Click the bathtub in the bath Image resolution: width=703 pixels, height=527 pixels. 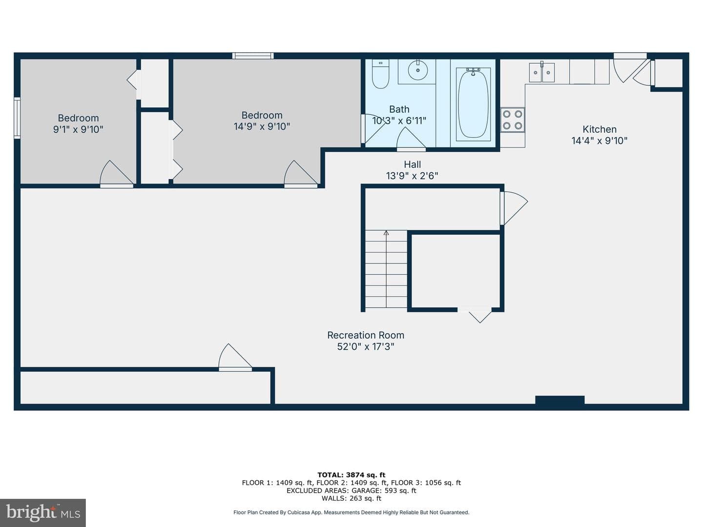(473, 104)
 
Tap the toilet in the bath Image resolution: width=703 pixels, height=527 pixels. (380, 74)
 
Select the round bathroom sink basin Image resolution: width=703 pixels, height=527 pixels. (417, 70)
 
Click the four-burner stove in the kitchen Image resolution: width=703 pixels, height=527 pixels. (513, 120)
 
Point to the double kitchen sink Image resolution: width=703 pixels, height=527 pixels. (541, 72)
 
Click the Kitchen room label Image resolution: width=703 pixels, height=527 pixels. (599, 129)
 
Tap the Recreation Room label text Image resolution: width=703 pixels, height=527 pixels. (366, 335)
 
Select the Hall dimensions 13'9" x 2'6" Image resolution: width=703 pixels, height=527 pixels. (412, 176)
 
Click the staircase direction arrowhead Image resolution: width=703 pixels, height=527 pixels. (386, 233)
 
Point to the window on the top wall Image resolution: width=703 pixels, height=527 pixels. (253, 56)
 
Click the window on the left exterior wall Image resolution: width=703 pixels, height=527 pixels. (17, 118)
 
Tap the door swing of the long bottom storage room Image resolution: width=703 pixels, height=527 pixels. (235, 357)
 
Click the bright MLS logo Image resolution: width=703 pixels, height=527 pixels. (42, 512)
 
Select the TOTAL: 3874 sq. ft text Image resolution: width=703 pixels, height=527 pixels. (351, 475)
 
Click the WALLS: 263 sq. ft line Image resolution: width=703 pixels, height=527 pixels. (351, 498)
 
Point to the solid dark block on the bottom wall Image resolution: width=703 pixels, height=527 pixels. (560, 401)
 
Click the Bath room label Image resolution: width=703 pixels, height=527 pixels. (399, 109)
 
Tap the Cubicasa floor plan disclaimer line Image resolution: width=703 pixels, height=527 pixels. (351, 512)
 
